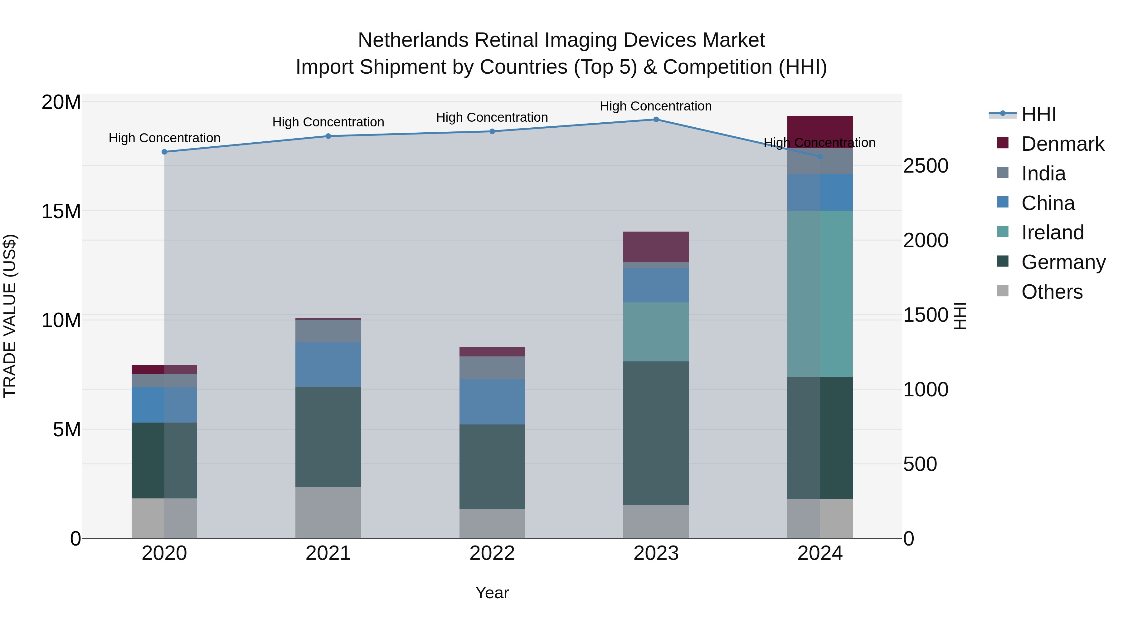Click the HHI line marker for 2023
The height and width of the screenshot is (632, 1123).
click(x=656, y=120)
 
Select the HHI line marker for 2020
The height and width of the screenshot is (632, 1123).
click(x=164, y=152)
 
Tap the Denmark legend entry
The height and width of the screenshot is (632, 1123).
click(x=1062, y=144)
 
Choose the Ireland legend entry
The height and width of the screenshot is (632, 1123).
click(x=1052, y=233)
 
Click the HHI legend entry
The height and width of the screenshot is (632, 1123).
click(x=1038, y=114)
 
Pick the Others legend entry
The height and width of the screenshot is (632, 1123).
click(x=1052, y=292)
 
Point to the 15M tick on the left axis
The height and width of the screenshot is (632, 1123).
click(x=61, y=211)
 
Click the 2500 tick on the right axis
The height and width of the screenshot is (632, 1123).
click(x=926, y=166)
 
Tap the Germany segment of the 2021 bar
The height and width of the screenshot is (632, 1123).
click(x=328, y=437)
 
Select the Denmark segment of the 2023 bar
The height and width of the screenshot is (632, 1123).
click(x=656, y=247)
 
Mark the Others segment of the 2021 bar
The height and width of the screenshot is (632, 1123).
click(x=328, y=512)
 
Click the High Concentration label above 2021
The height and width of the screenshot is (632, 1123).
click(x=328, y=122)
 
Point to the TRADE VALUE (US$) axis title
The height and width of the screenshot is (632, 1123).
click(x=10, y=316)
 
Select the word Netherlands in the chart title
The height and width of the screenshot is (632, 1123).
click(x=413, y=40)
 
